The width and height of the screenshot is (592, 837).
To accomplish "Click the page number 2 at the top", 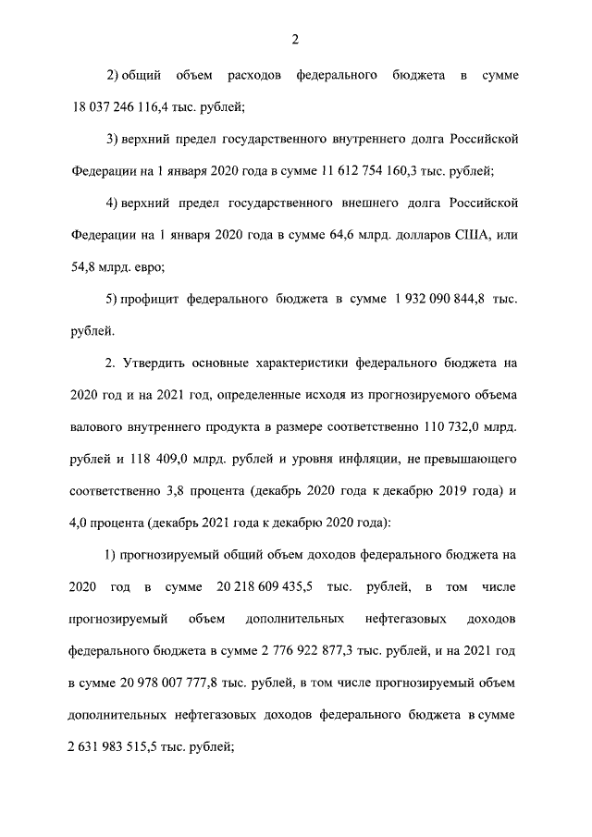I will point(295,38).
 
